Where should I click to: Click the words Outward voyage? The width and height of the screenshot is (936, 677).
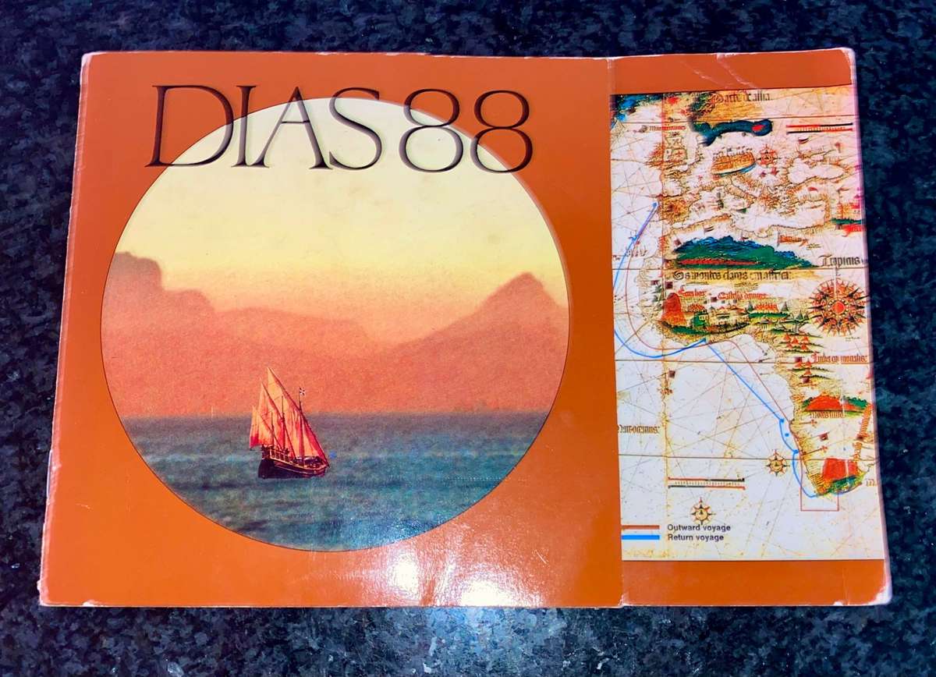tap(698, 527)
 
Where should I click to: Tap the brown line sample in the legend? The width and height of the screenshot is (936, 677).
tap(641, 527)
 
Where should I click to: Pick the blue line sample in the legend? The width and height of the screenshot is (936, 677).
tap(641, 537)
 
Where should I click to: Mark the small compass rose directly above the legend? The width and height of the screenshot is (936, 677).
tap(702, 511)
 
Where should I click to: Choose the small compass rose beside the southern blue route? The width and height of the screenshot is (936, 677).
tap(777, 463)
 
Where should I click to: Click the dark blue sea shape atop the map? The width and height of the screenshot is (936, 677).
tap(733, 129)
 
